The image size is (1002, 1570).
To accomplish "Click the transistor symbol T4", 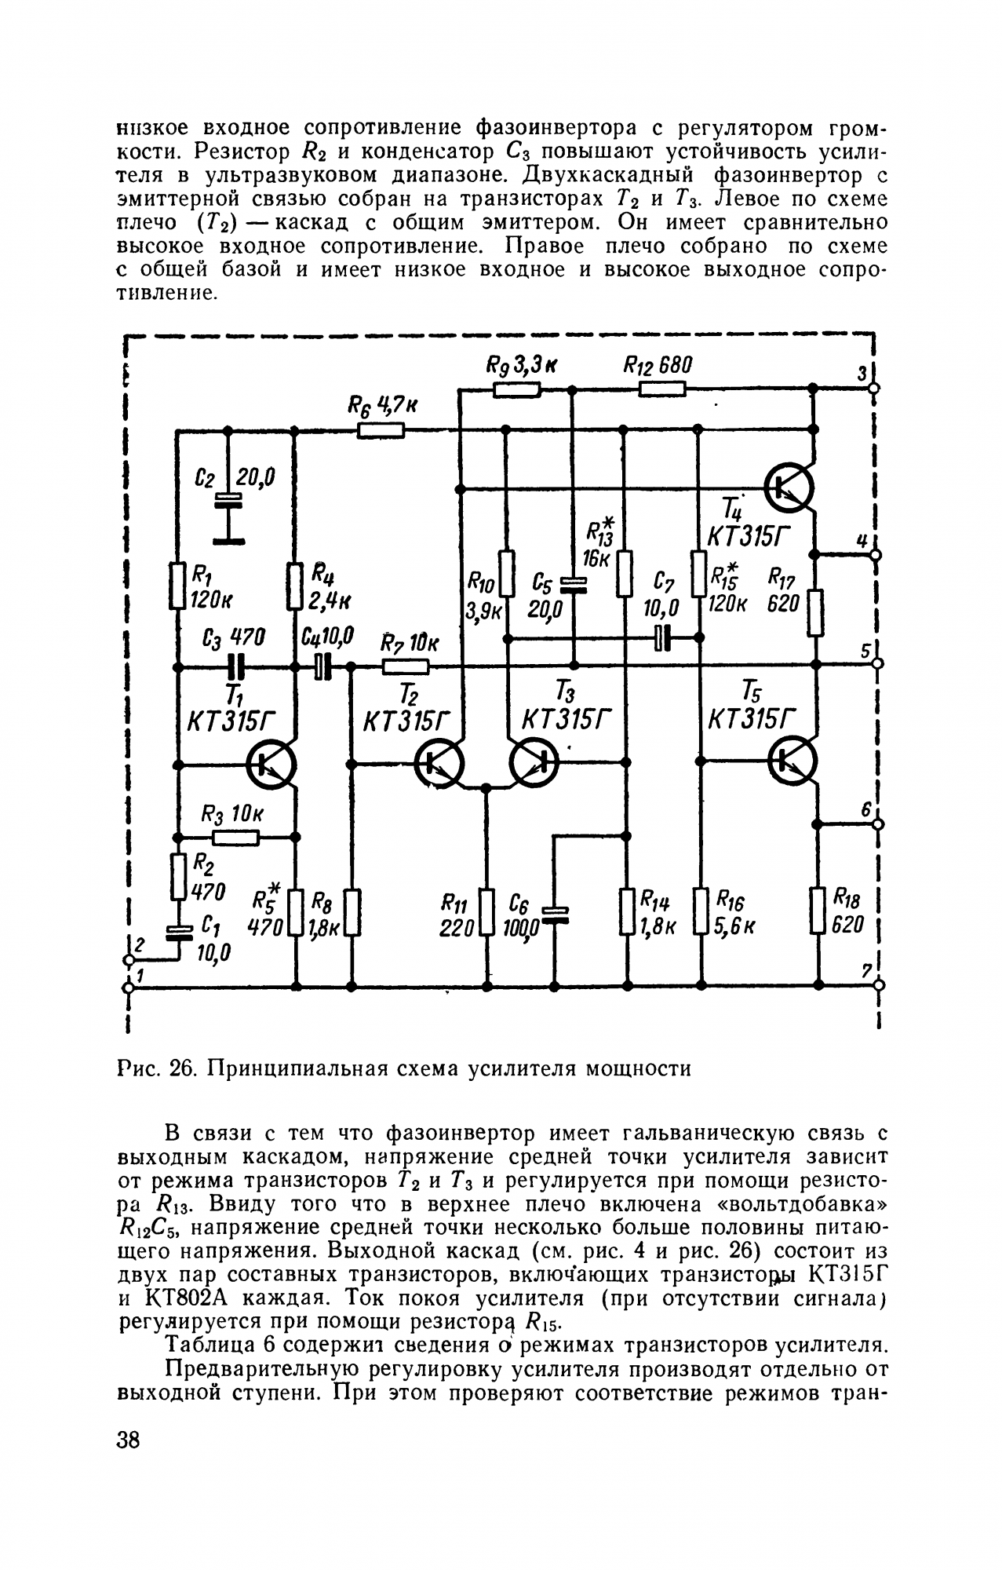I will click(790, 487).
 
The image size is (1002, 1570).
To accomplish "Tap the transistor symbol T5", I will click(793, 761).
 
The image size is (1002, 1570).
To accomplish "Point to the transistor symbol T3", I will click(534, 762).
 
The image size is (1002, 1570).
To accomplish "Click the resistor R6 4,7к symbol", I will click(381, 429).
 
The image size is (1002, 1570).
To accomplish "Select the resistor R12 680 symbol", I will click(662, 388).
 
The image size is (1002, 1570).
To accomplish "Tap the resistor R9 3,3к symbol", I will click(517, 388).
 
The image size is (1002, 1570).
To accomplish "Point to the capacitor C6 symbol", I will click(555, 912).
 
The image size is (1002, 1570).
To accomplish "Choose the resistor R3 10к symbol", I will click(236, 837).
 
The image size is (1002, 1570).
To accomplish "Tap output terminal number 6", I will click(877, 824).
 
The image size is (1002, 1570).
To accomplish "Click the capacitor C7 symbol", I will click(663, 637).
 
